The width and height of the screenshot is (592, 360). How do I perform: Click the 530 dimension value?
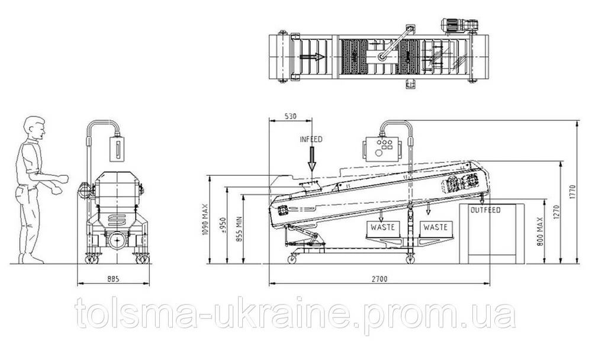click(x=290, y=116)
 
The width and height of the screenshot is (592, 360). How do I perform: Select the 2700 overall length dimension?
click(x=379, y=279)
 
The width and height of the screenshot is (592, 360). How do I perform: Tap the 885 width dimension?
click(x=113, y=279)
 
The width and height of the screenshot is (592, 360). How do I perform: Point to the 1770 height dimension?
click(x=572, y=192)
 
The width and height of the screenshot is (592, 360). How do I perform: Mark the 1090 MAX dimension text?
click(x=205, y=220)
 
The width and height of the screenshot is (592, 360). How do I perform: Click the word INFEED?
click(x=311, y=139)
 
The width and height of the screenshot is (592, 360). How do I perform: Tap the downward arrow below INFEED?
click(x=311, y=159)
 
